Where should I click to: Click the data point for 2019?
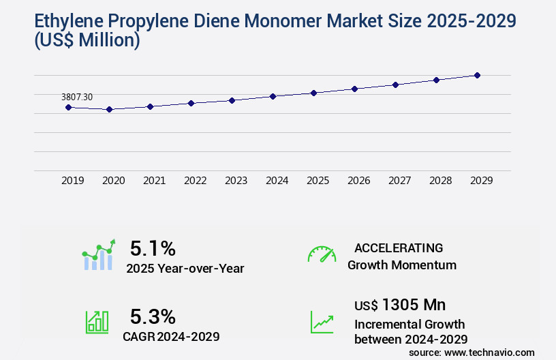[68, 107]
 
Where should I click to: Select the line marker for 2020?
[109, 109]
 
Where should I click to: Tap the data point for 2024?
[273, 96]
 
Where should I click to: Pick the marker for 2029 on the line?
[477, 75]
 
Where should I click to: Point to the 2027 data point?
[395, 85]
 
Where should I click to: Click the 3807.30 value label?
[76, 97]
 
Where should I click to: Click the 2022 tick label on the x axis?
[195, 181]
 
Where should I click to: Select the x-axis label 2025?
[318, 181]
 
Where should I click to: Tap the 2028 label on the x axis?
[440, 181]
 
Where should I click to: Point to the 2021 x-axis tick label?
[154, 181]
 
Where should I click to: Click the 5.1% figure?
[153, 248]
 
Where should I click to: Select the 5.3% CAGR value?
[153, 316]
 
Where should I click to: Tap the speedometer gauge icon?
[322, 254]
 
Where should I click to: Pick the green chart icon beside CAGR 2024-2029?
[97, 322]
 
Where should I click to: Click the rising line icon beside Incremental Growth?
[322, 322]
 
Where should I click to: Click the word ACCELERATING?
[399, 248]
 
